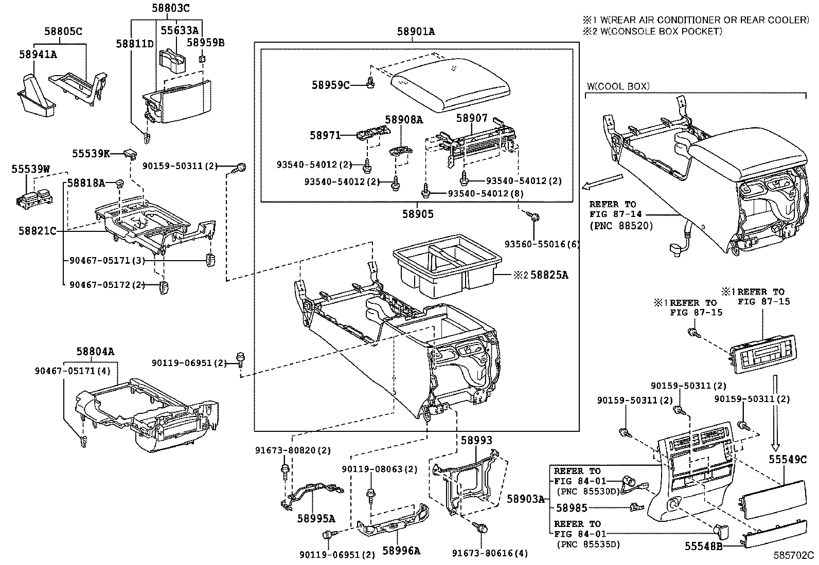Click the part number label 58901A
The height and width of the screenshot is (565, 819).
click(416, 32)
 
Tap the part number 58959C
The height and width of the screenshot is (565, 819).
click(330, 85)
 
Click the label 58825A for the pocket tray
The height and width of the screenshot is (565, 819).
click(549, 275)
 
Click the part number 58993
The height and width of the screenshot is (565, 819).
click(476, 441)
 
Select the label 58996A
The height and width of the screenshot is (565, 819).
click(401, 551)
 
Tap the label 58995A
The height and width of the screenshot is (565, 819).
click(315, 518)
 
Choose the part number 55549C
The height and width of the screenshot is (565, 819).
click(788, 460)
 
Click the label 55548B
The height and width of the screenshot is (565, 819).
click(703, 546)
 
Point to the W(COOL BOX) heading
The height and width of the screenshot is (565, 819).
click(618, 86)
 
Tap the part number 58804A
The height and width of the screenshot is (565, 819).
click(95, 352)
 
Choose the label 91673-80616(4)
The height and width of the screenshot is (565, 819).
click(490, 554)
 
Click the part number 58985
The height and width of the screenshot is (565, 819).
click(572, 508)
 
